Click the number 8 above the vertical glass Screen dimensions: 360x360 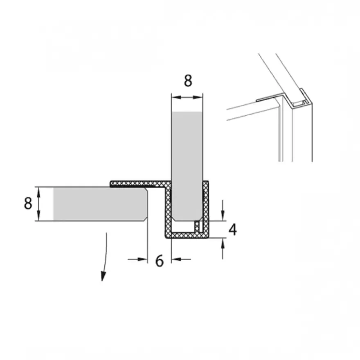point(188,81)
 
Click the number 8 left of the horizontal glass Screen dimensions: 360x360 point(28,203)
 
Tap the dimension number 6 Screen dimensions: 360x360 point(159,261)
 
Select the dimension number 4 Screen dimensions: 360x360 point(233,229)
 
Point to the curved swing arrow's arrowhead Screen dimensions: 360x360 point(103,276)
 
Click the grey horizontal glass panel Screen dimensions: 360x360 point(100,204)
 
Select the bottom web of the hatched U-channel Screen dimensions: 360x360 point(187,235)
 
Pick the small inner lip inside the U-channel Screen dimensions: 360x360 point(197,227)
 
